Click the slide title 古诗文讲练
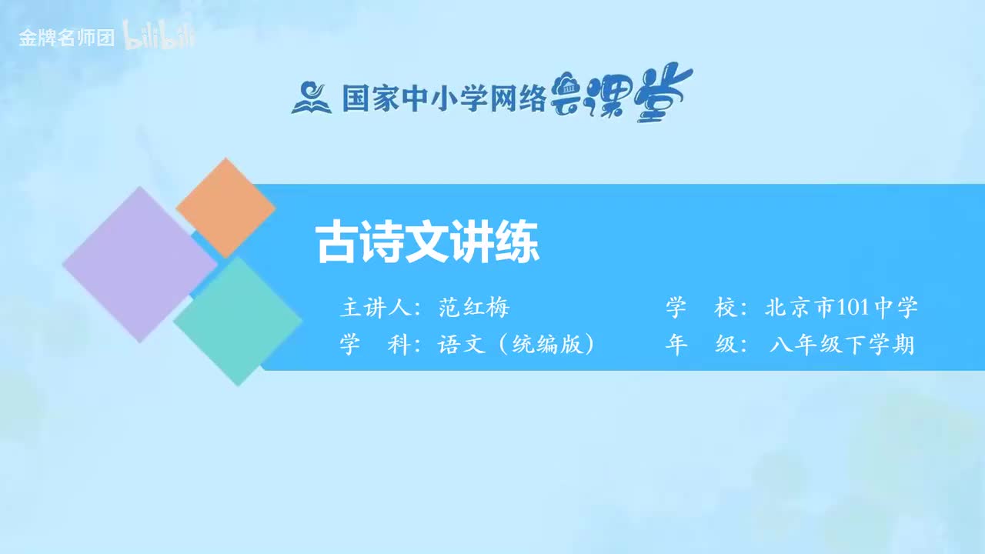pyautogui.click(x=428, y=244)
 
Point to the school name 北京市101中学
pyautogui.click(x=842, y=309)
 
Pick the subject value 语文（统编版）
pyautogui.click(x=517, y=344)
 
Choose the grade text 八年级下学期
pyautogui.click(x=842, y=344)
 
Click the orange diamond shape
pyautogui.click(x=225, y=207)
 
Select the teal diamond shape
pyautogui.click(x=238, y=321)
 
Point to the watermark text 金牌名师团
pyautogui.click(x=66, y=38)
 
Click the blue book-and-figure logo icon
pyautogui.click(x=311, y=97)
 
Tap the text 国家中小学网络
pyautogui.click(x=444, y=98)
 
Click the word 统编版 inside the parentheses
pyautogui.click(x=548, y=344)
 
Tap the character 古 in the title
pyautogui.click(x=335, y=244)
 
